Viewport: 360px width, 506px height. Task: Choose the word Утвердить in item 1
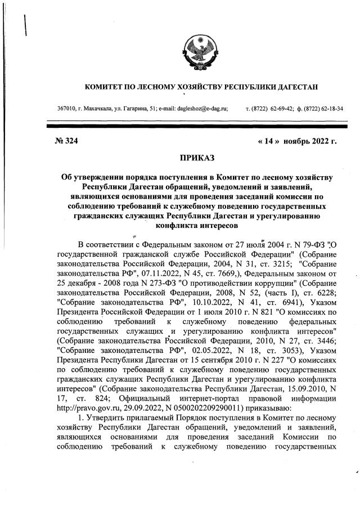107,417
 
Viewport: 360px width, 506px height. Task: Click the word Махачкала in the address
95,108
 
